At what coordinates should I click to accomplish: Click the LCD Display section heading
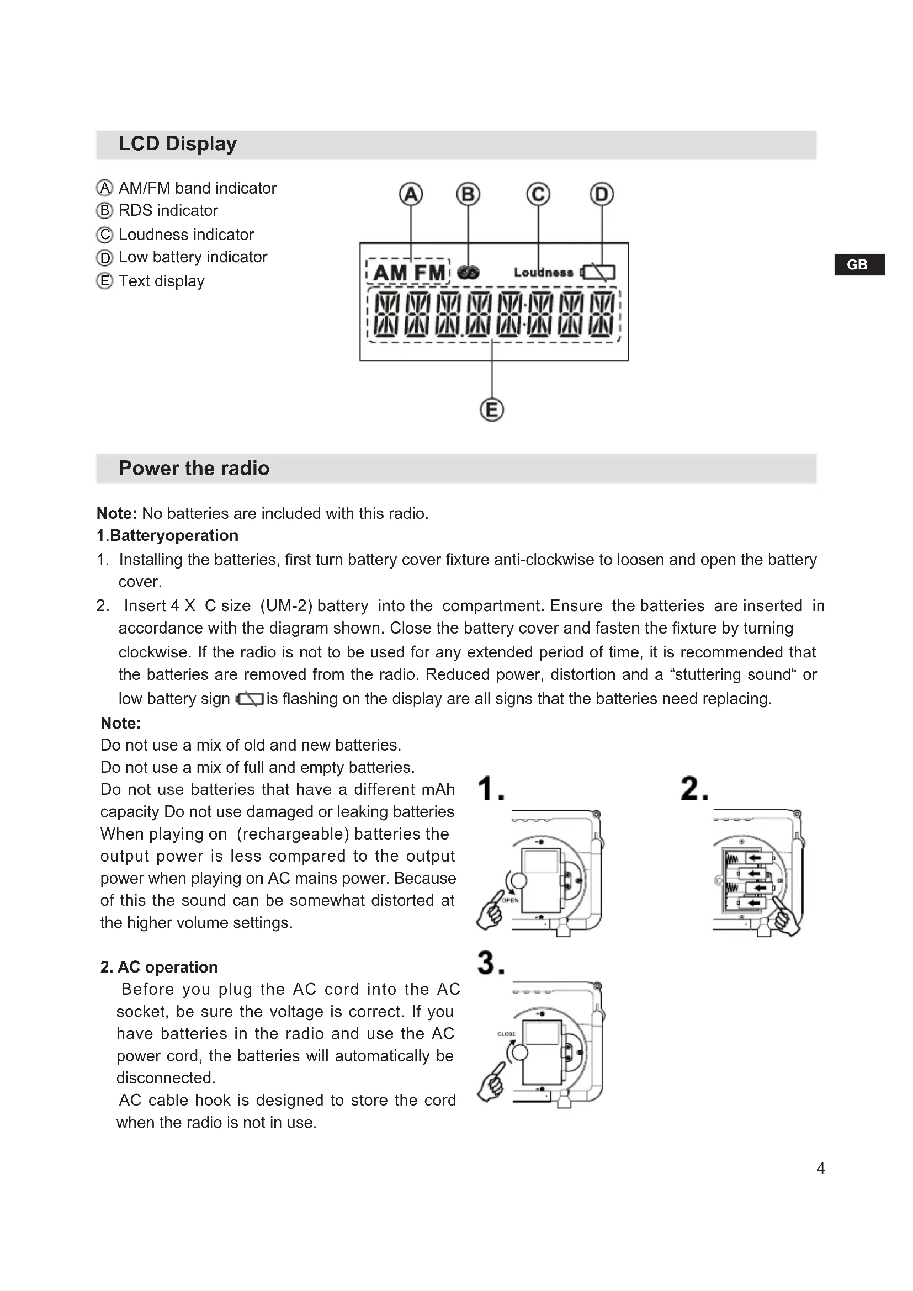tap(178, 144)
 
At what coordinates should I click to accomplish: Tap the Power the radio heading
tap(194, 469)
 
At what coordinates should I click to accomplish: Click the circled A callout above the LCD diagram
tap(411, 194)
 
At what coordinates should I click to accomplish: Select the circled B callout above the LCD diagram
tap(468, 194)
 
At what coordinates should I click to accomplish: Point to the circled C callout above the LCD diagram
tap(538, 194)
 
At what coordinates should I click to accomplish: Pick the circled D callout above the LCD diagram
tap(602, 194)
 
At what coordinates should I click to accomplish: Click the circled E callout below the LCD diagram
tap(492, 410)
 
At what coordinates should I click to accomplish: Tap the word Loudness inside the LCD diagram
tap(544, 273)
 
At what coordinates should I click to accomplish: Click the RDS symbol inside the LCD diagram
tap(468, 273)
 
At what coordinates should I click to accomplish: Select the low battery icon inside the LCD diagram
tap(599, 273)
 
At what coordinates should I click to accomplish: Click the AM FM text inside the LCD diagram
tap(408, 273)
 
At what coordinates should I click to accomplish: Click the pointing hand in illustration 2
tap(787, 917)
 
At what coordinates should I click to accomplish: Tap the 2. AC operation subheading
tap(159, 966)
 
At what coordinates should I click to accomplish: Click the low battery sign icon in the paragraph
tap(250, 699)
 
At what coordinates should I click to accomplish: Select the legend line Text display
tap(161, 281)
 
